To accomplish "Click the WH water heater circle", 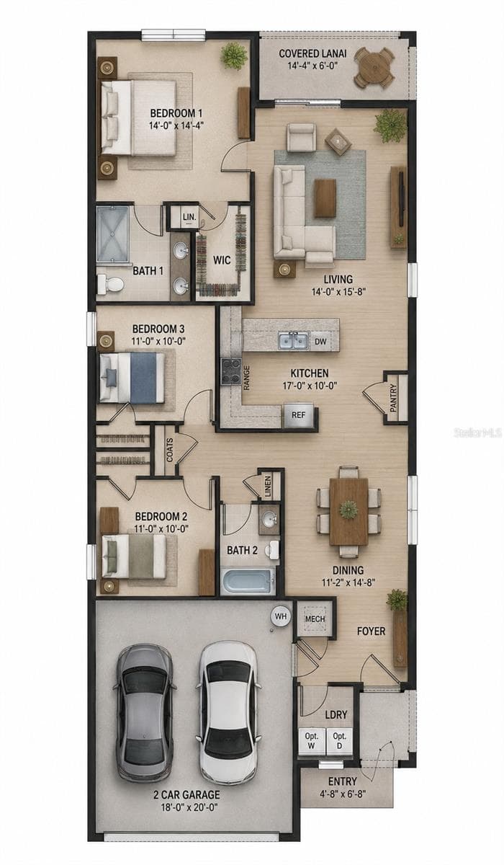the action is tap(281, 616).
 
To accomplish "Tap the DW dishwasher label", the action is tap(320, 342).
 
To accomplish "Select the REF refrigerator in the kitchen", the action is tap(298, 415).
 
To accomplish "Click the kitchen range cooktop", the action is tap(230, 371).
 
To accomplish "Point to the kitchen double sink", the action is tap(293, 340).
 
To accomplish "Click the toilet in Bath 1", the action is tap(110, 285).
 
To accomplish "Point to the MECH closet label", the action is tap(315, 618).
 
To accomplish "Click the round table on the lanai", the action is tap(374, 68).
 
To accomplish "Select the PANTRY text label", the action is tap(393, 398).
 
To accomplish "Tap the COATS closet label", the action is tap(170, 450).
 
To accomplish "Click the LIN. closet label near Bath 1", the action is tap(189, 217).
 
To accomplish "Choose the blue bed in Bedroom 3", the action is tap(132, 378).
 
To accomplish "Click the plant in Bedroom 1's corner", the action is tap(234, 56).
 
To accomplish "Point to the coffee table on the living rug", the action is tap(325, 198).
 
